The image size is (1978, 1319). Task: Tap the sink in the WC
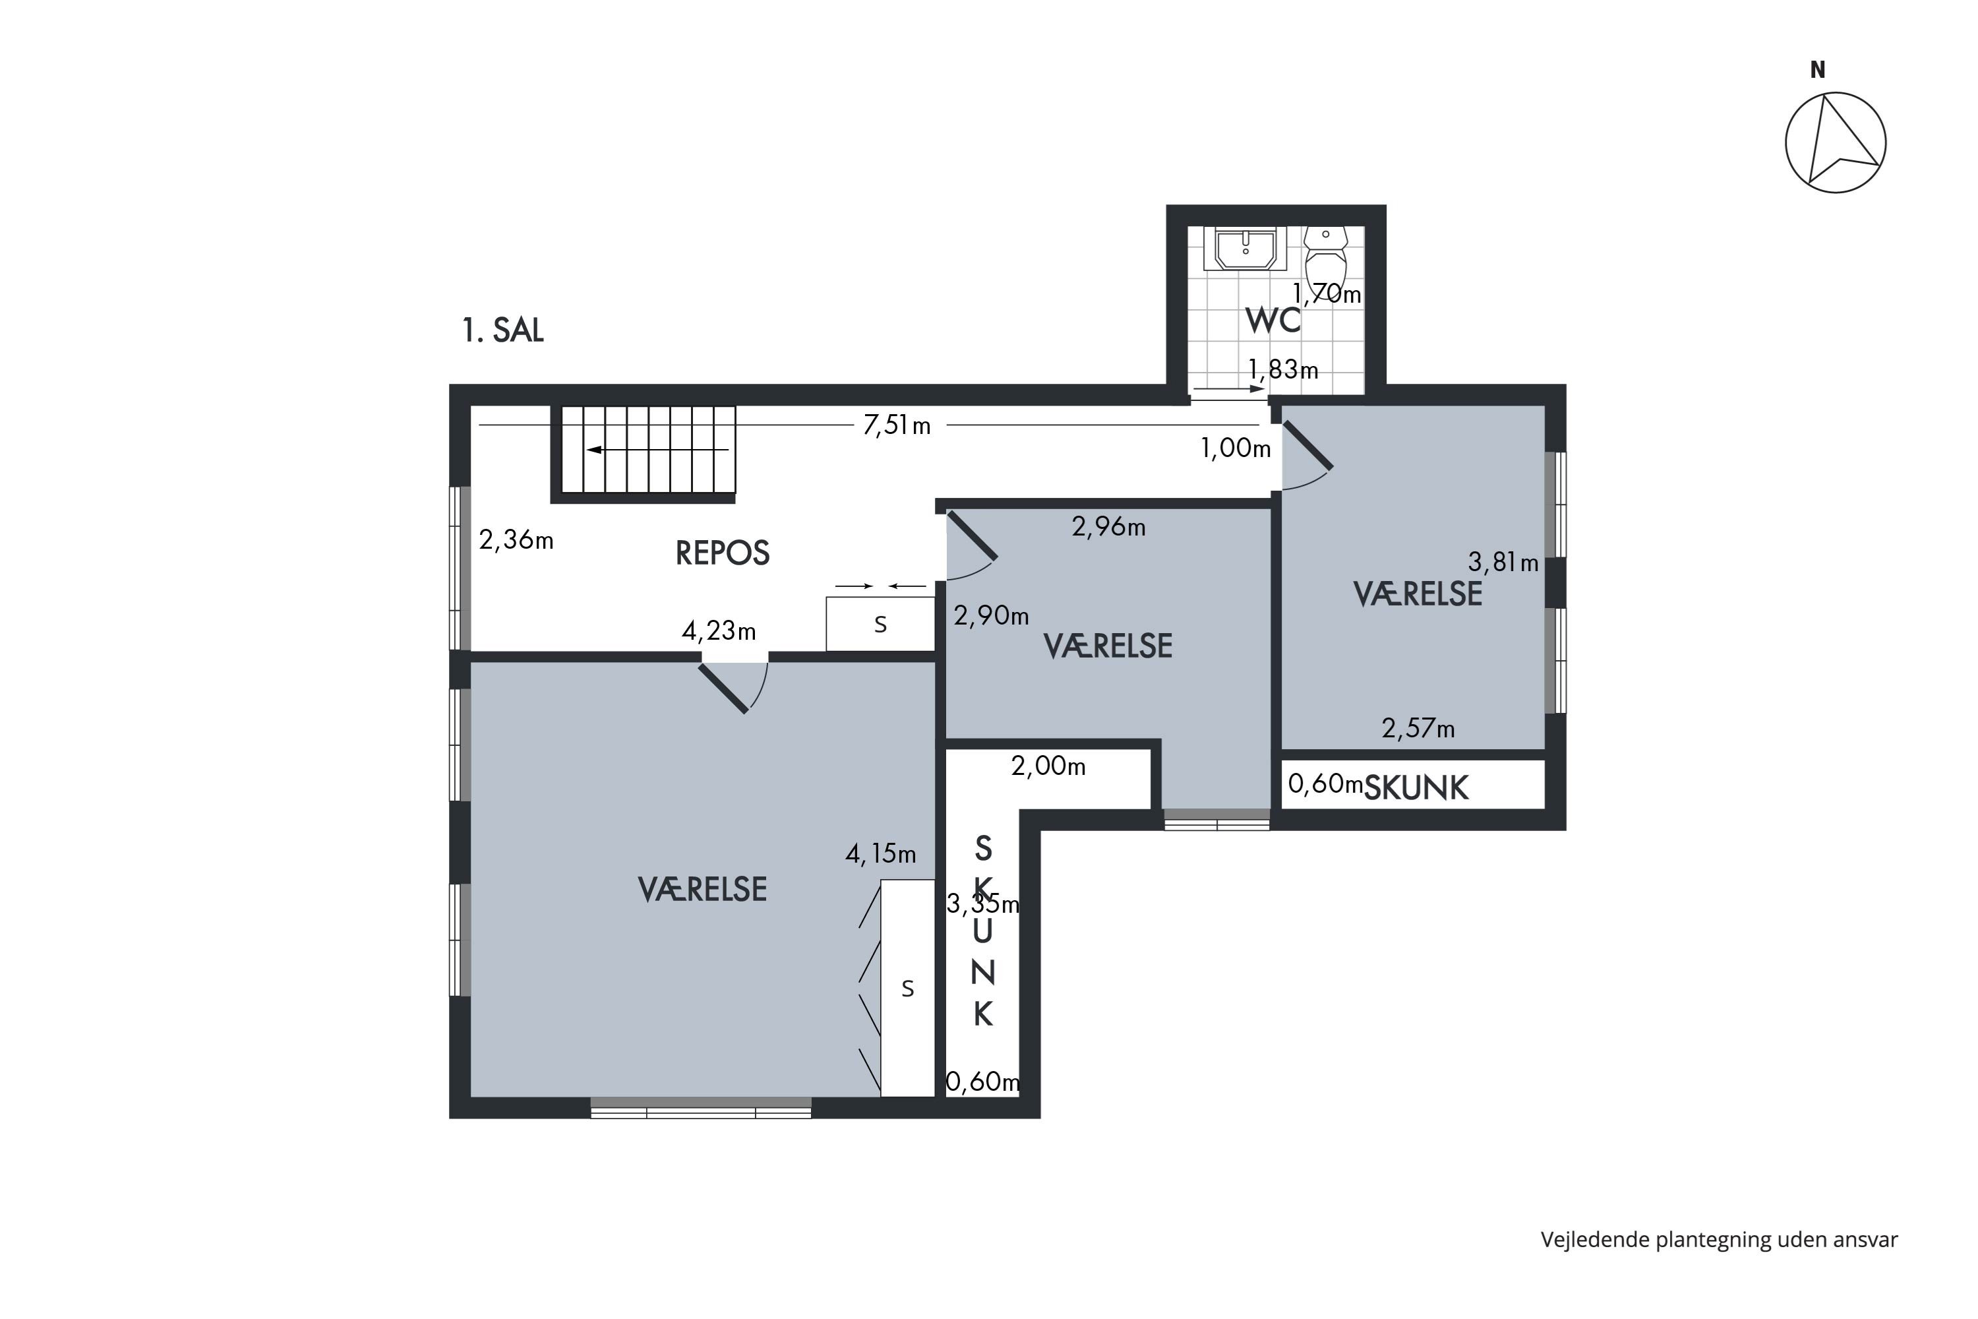point(1245,248)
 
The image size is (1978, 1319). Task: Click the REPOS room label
point(723,553)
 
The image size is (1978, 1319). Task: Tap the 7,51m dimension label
point(897,425)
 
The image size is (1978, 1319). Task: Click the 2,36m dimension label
point(516,539)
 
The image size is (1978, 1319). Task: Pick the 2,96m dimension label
point(1108,526)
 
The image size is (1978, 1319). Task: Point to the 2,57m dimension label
point(1418,729)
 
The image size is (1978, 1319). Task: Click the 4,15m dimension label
point(880,855)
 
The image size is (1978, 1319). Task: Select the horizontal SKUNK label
point(1416,788)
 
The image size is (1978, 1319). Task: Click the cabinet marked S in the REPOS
point(880,624)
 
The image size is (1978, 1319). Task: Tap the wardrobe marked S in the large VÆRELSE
point(907,989)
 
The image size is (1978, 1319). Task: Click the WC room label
point(1273,321)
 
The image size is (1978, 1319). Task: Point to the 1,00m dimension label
point(1236,448)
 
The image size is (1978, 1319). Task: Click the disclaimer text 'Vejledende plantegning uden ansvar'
point(1719,1239)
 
